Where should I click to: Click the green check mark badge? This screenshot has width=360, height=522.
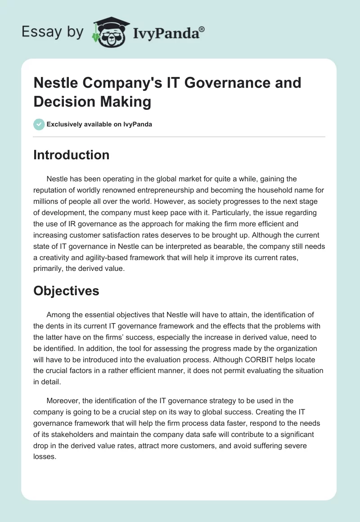[39, 124]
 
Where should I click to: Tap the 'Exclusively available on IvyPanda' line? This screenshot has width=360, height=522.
[99, 124]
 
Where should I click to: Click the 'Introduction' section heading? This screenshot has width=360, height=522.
[72, 155]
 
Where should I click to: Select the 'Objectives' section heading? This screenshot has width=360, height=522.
[66, 291]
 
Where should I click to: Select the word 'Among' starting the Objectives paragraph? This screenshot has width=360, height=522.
[58, 315]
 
